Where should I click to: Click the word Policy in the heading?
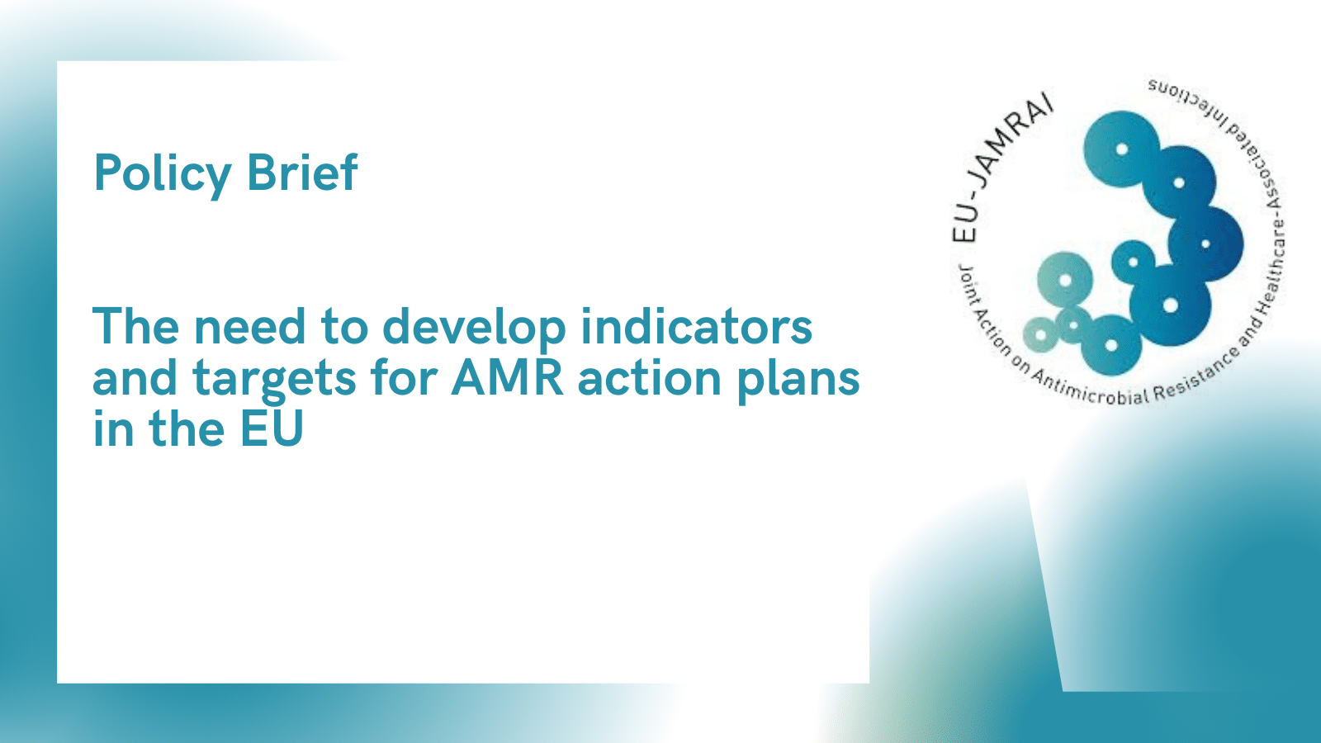162,174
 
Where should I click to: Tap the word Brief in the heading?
302,173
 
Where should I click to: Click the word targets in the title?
274,379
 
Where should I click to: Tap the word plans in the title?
798,380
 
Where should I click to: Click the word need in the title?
249,327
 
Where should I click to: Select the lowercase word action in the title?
650,378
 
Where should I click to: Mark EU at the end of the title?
272,428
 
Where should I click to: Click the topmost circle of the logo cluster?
1122,149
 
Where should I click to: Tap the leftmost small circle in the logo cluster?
1040,335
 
